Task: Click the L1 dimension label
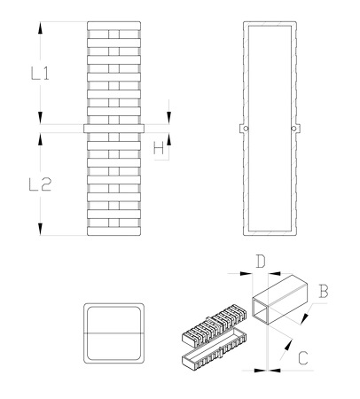40,74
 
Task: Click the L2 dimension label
40,184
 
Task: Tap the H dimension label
159,148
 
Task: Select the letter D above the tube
261,262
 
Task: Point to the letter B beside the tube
324,291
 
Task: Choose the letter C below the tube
303,358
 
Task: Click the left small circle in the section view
246,129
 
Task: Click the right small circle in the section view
293,129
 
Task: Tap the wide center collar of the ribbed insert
113,129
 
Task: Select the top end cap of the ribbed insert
113,26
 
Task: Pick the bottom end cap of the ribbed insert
113,231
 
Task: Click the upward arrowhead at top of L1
40,27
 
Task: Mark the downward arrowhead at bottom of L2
40,229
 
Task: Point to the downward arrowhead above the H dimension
169,118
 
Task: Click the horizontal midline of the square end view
113,333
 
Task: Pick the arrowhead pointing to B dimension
305,317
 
